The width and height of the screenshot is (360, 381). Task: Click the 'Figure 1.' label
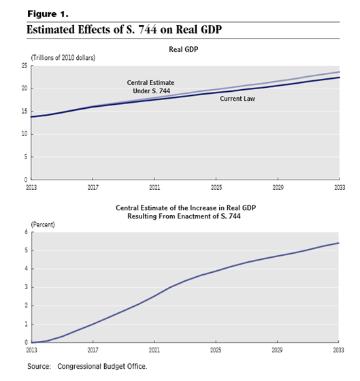48,14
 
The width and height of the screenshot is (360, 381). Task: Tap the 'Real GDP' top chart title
184,49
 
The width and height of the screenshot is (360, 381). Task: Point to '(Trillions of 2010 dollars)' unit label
63,58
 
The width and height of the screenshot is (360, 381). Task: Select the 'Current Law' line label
238,99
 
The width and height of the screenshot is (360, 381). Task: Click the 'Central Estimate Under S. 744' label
150,87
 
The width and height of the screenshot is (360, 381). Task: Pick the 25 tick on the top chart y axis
24,65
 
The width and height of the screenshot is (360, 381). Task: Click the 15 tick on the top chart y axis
24,112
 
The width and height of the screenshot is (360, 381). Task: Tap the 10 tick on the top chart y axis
24,134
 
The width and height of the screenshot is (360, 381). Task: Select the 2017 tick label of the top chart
93,187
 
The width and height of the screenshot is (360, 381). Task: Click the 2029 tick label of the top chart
278,187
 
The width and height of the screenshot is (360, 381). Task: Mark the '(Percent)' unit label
43,225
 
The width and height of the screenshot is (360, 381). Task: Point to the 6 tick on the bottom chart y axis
27,232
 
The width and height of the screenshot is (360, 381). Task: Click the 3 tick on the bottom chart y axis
27,287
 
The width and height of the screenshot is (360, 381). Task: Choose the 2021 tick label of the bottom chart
154,350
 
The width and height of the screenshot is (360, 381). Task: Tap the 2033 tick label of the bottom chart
338,350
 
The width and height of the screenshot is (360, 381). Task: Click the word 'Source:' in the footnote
39,366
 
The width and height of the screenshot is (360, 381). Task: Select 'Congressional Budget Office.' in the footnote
102,366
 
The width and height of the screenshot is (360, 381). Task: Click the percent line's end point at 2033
339,243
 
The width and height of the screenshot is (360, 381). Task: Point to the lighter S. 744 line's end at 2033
340,72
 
